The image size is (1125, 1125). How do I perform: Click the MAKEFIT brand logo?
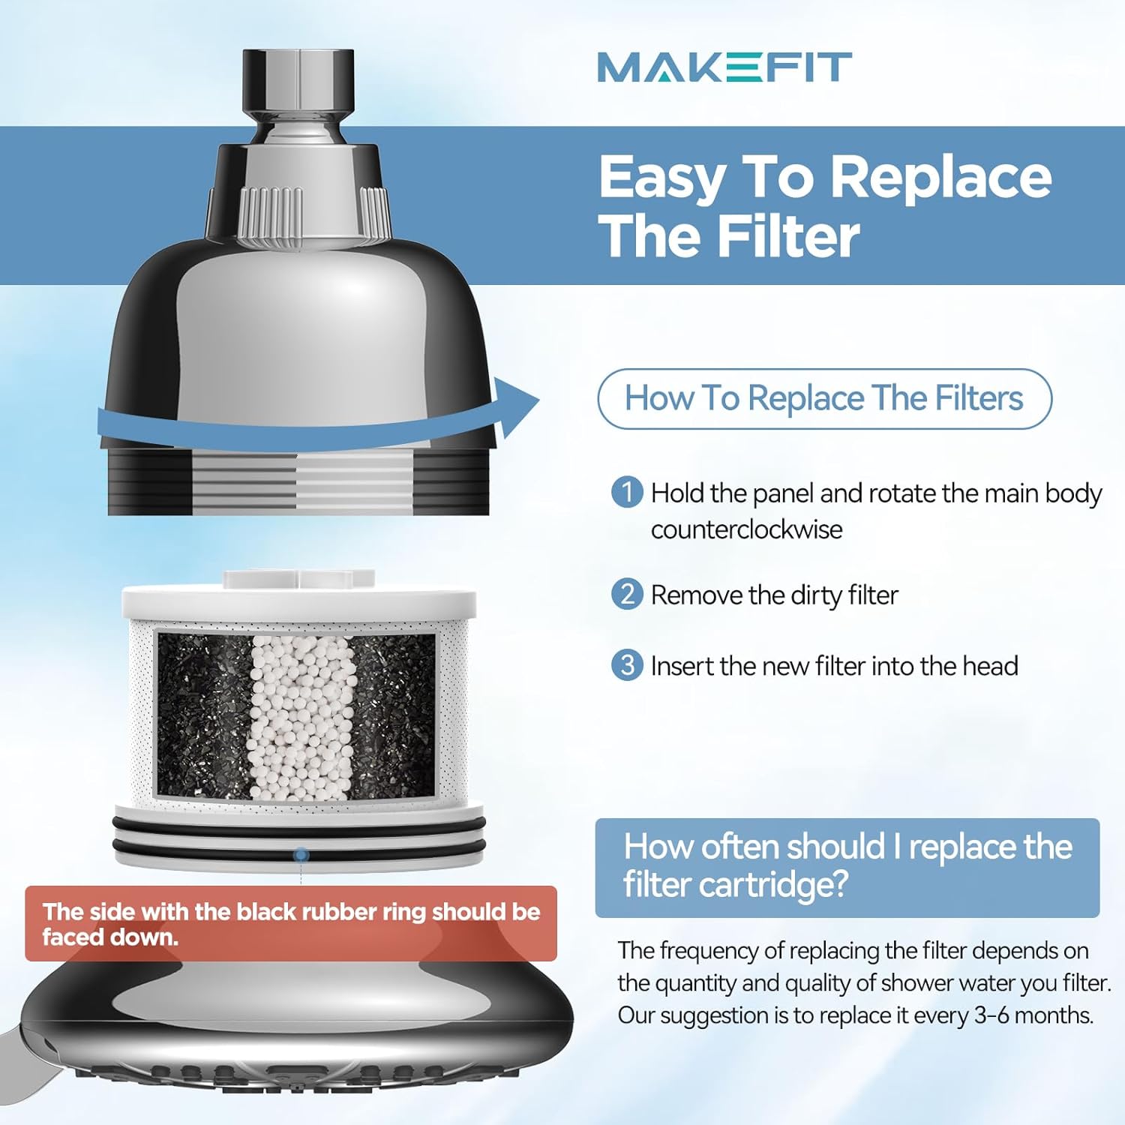[x=724, y=67]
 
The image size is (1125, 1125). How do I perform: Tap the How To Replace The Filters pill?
[x=824, y=398]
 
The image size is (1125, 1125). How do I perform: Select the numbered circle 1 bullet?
[x=627, y=493]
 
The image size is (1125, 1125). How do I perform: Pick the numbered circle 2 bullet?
[x=627, y=594]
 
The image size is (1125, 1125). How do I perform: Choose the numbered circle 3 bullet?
[x=627, y=665]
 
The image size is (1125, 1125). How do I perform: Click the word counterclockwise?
[x=746, y=529]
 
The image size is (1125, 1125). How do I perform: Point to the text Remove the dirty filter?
[x=774, y=595]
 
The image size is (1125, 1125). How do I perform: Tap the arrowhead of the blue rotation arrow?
[x=517, y=406]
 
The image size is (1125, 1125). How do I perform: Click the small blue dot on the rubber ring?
[x=301, y=854]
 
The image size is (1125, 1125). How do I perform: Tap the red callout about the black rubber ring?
[x=291, y=923]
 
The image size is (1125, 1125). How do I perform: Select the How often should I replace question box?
[x=847, y=867]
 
